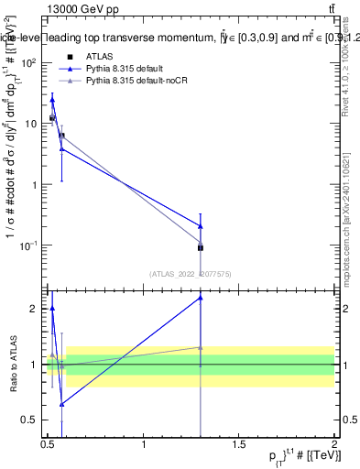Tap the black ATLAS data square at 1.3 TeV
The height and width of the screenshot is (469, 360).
pyautogui.click(x=200, y=247)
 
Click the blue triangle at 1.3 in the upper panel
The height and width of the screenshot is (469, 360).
pyautogui.click(x=200, y=225)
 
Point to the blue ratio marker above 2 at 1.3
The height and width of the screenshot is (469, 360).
pyautogui.click(x=200, y=298)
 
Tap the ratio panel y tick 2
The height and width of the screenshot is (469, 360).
pyautogui.click(x=35, y=309)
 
